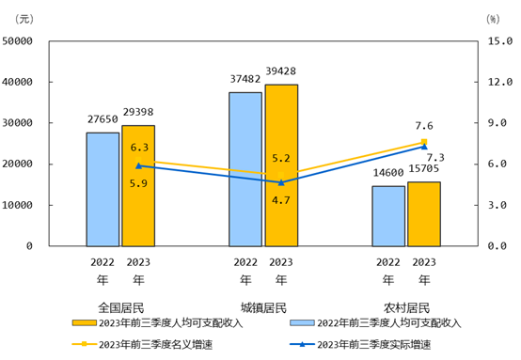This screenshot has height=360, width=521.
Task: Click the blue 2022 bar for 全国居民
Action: pos(103,189)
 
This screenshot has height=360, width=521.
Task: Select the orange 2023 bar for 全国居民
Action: pos(138,185)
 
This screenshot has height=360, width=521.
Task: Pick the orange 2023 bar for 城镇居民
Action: pos(281,164)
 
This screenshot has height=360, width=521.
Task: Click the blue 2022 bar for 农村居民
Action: pos(388,215)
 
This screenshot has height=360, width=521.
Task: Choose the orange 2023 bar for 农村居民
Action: pos(424,213)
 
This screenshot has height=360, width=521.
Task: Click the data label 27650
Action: pos(103,119)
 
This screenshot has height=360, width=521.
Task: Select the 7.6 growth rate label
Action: pos(423,126)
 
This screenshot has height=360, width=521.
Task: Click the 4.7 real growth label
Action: pos(280,200)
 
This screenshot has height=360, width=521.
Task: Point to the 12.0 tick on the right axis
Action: pos(497,83)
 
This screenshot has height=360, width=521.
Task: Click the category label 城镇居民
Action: pos(263,307)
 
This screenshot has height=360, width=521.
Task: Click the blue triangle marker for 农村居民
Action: pos(424,147)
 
